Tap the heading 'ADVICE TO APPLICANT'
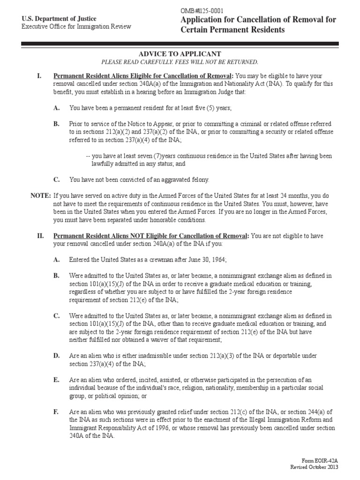(x=180, y=54)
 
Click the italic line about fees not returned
(x=180, y=62)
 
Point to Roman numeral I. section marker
(x=39, y=76)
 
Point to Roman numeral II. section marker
(x=40, y=235)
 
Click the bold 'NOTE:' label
(x=41, y=195)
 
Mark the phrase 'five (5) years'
(x=210, y=108)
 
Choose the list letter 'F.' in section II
(x=56, y=412)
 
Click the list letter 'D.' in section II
(x=56, y=356)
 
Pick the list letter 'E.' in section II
(x=56, y=380)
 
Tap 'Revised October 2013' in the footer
(x=314, y=467)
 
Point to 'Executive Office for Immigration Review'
(x=76, y=26)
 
